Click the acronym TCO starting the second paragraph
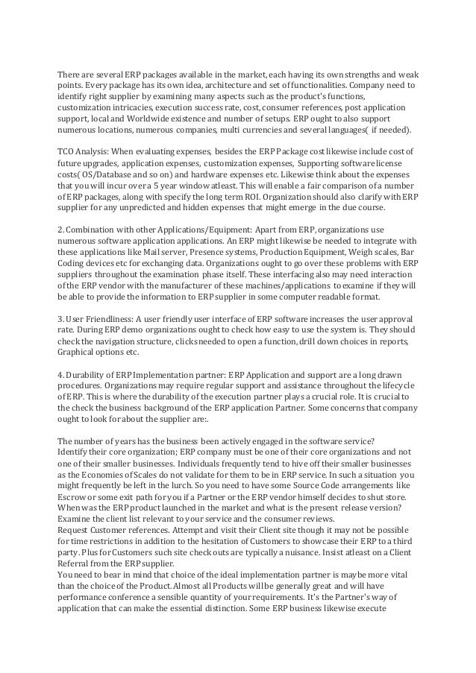(68, 151)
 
